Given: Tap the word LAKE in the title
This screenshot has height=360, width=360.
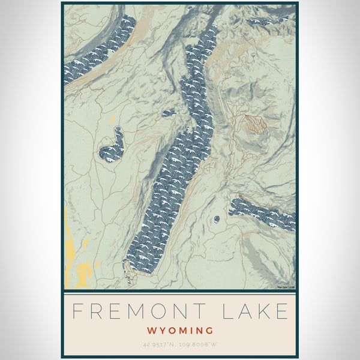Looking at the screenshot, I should point(262,311).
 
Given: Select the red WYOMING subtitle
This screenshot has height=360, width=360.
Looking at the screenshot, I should point(180,330).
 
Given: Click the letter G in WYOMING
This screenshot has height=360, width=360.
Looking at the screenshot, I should point(209,330).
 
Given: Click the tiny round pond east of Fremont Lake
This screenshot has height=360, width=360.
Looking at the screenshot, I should point(216,220).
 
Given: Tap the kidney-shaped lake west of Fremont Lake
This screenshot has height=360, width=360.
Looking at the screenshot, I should point(112,146).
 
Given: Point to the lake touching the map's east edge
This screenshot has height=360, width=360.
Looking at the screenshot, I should point(263,214).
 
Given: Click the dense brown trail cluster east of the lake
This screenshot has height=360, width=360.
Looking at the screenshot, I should point(254,122).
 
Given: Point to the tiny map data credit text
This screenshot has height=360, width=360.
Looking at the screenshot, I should point(286,287).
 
